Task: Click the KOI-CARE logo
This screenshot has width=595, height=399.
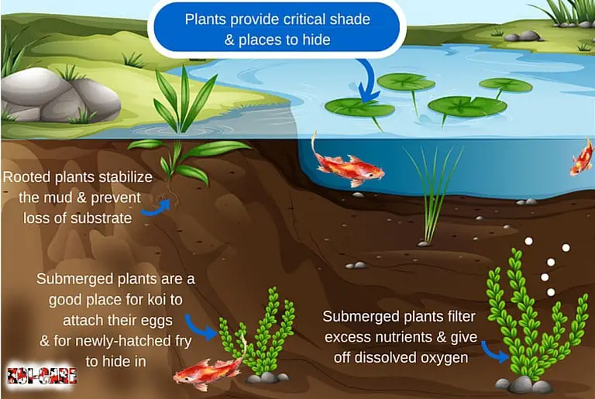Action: pos(42,376)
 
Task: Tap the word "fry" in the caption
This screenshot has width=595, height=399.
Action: pos(183,342)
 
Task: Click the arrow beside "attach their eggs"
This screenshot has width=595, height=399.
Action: pos(199,327)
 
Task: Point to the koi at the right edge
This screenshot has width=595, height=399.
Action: pos(582,158)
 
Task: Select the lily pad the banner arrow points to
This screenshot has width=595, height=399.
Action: pos(359,108)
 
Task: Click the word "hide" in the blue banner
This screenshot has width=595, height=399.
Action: pos(316,40)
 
